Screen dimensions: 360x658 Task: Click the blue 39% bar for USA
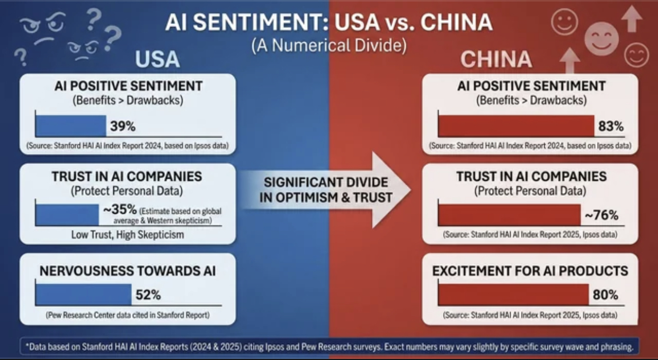[x=70, y=126]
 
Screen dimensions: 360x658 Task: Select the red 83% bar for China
[x=516, y=126]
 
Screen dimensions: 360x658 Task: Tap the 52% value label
[x=148, y=295]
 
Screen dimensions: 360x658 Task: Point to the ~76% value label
[x=601, y=215]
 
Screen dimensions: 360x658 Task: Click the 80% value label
[x=605, y=294]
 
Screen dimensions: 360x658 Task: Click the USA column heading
[x=157, y=59]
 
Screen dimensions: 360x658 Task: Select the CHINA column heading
[x=496, y=59]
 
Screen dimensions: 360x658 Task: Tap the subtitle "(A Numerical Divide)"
[x=328, y=46]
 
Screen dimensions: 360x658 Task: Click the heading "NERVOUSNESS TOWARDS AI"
[x=128, y=271]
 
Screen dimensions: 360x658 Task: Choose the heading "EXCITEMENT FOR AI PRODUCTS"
[x=530, y=271]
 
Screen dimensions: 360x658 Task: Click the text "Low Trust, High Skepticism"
[x=128, y=234]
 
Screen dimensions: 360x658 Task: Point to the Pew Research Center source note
[x=128, y=315]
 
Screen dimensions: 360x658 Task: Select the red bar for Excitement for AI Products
[x=513, y=294]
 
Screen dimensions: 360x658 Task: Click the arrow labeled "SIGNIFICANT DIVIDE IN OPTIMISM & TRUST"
[x=328, y=190]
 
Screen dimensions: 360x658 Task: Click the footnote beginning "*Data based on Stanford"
[x=328, y=347]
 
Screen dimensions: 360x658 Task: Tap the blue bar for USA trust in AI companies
[x=67, y=215]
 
